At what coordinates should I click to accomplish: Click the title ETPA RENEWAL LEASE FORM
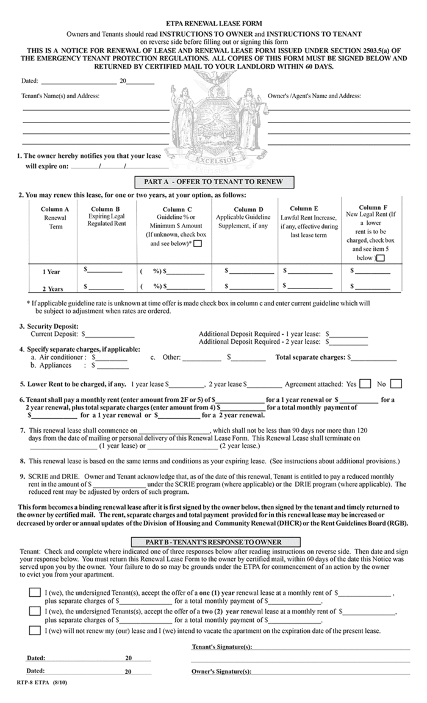coord(213,21)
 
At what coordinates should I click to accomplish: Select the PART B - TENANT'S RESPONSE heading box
coord(215,541)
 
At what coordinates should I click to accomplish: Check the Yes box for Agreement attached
coord(365,384)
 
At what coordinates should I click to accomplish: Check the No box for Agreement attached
coord(396,384)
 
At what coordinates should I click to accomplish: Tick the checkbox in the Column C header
coord(197,244)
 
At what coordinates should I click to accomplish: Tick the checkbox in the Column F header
coord(381,258)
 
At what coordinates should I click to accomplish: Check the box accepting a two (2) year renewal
coord(35,611)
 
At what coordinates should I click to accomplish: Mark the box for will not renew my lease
coord(35,630)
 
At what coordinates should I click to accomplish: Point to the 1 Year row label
coord(51,271)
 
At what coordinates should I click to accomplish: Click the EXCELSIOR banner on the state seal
coord(215,160)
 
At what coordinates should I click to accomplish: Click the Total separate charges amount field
coord(373,358)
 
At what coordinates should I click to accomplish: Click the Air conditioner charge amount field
coord(111,358)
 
